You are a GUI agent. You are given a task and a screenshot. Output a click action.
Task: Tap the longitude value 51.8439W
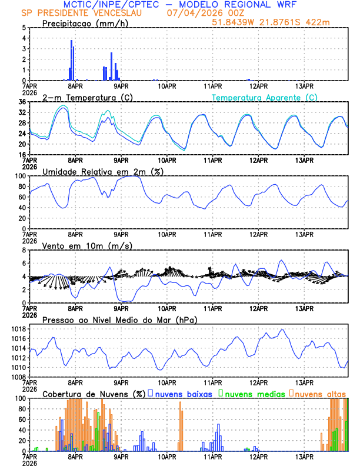[231, 22]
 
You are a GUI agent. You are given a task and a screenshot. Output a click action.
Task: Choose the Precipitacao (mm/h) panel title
[85, 24]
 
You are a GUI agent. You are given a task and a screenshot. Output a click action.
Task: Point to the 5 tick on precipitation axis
[24, 28]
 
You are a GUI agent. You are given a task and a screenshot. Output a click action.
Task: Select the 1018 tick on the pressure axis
[19, 329]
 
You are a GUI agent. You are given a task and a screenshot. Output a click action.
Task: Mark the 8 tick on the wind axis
[24, 250]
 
